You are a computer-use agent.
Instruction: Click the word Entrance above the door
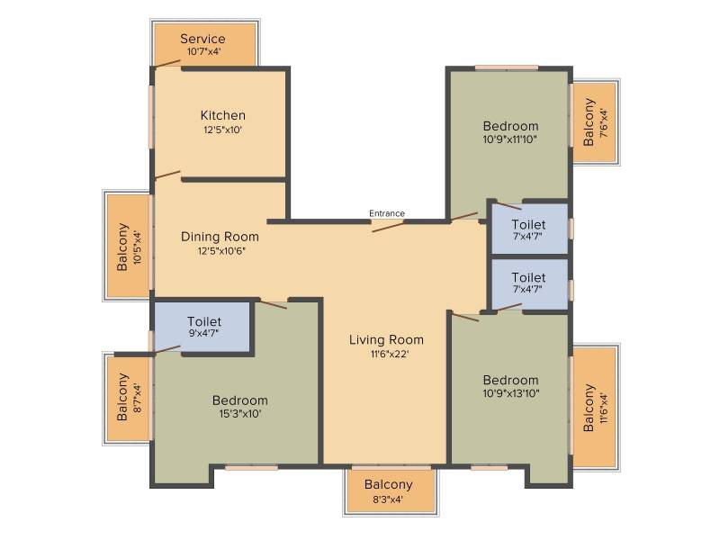pos(387,213)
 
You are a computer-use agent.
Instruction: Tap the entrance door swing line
pos(388,227)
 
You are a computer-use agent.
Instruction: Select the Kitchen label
pos(222,115)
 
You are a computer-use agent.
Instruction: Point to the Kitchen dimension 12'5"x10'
pos(222,130)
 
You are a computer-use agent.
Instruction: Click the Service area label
pos(202,39)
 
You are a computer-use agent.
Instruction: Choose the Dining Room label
pos(220,237)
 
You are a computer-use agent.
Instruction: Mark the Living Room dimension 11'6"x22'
pos(390,354)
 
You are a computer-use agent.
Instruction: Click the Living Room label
pos(386,340)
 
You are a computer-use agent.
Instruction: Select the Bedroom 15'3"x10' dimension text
pos(240,414)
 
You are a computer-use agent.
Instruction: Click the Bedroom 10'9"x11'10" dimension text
pos(510,139)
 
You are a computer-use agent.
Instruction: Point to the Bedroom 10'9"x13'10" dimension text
pos(510,393)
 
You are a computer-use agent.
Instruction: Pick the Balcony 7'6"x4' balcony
pos(594,121)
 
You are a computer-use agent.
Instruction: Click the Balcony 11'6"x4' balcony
pos(594,408)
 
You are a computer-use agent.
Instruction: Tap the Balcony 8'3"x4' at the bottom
pos(391,490)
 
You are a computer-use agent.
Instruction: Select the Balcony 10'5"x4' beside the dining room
pos(129,246)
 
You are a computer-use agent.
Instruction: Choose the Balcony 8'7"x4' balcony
pos(129,399)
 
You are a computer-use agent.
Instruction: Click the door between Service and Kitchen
pos(167,63)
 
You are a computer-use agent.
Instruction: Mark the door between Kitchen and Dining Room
pos(167,175)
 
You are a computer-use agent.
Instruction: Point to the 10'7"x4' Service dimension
pos(204,51)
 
